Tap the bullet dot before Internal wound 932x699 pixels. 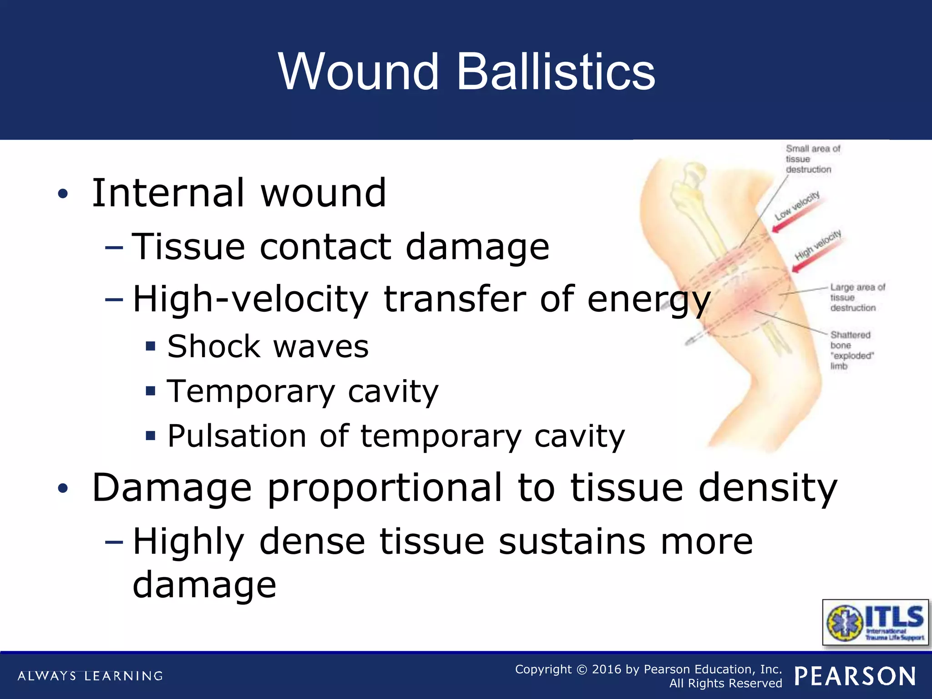[x=63, y=194]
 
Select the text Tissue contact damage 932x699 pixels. [x=340, y=247]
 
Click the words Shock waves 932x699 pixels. [x=268, y=347]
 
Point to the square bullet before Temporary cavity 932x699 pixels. [x=151, y=391]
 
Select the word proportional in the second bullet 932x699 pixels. [x=385, y=488]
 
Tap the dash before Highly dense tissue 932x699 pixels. [x=114, y=542]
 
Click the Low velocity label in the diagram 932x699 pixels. [x=797, y=206]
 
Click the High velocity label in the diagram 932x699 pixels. [x=818, y=245]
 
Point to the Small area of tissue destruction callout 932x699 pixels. [x=812, y=159]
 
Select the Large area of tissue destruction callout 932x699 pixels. [x=857, y=298]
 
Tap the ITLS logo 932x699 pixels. [x=875, y=622]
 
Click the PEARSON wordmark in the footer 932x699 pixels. [x=855, y=676]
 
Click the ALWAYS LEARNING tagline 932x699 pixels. [x=90, y=676]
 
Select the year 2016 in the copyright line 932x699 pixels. [x=607, y=669]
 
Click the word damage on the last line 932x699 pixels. [x=204, y=585]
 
